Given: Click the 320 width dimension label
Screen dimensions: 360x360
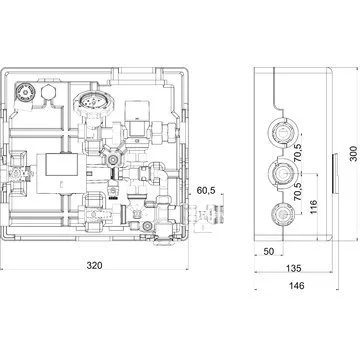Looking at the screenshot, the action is coord(95,266).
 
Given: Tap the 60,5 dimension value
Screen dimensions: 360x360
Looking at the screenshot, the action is coord(206,191).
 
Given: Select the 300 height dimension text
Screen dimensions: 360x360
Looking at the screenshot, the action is coord(353,153).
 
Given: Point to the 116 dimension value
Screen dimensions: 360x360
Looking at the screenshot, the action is coord(313,207).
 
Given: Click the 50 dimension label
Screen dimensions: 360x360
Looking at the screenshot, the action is coord(269,251).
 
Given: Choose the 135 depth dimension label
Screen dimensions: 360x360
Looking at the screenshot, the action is coord(293,268).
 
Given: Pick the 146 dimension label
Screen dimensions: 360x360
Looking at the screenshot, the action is coord(296,285).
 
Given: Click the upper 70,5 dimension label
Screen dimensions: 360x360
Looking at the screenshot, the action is coord(298,152).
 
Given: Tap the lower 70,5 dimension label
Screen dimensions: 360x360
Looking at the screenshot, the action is coord(298,191).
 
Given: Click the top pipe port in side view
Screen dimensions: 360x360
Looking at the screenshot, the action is coord(281,132).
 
